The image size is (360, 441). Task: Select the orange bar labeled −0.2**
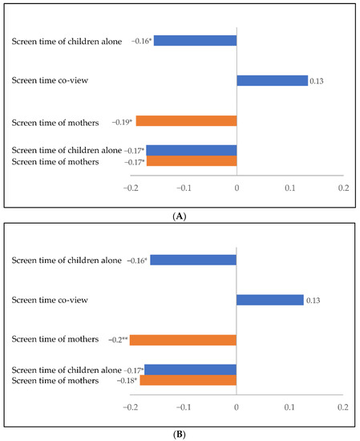(x=183, y=340)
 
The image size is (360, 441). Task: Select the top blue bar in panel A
(x=195, y=40)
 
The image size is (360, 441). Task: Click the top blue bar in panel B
(x=193, y=260)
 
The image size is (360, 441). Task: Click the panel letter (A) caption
(x=180, y=216)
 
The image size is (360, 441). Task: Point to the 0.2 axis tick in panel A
(x=342, y=187)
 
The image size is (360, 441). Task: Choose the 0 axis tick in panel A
(x=237, y=187)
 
